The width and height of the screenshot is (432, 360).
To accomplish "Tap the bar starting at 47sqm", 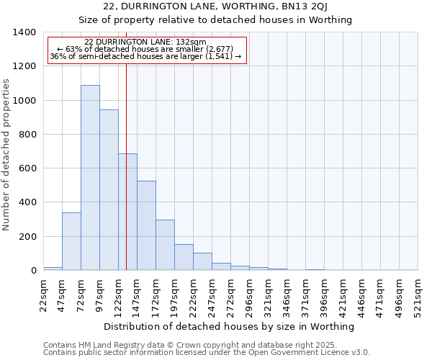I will [x=71, y=241].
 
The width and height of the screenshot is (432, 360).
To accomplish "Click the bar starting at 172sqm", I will [x=165, y=245].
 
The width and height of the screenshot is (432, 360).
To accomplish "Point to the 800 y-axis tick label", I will [x=27, y=135].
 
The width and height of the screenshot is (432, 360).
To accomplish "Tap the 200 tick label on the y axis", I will [x=27, y=237].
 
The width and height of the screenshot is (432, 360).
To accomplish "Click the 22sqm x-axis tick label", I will [x=43, y=295].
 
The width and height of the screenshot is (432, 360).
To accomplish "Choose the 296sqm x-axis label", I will [x=249, y=295].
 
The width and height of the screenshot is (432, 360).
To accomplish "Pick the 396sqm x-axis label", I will [x=324, y=295].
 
